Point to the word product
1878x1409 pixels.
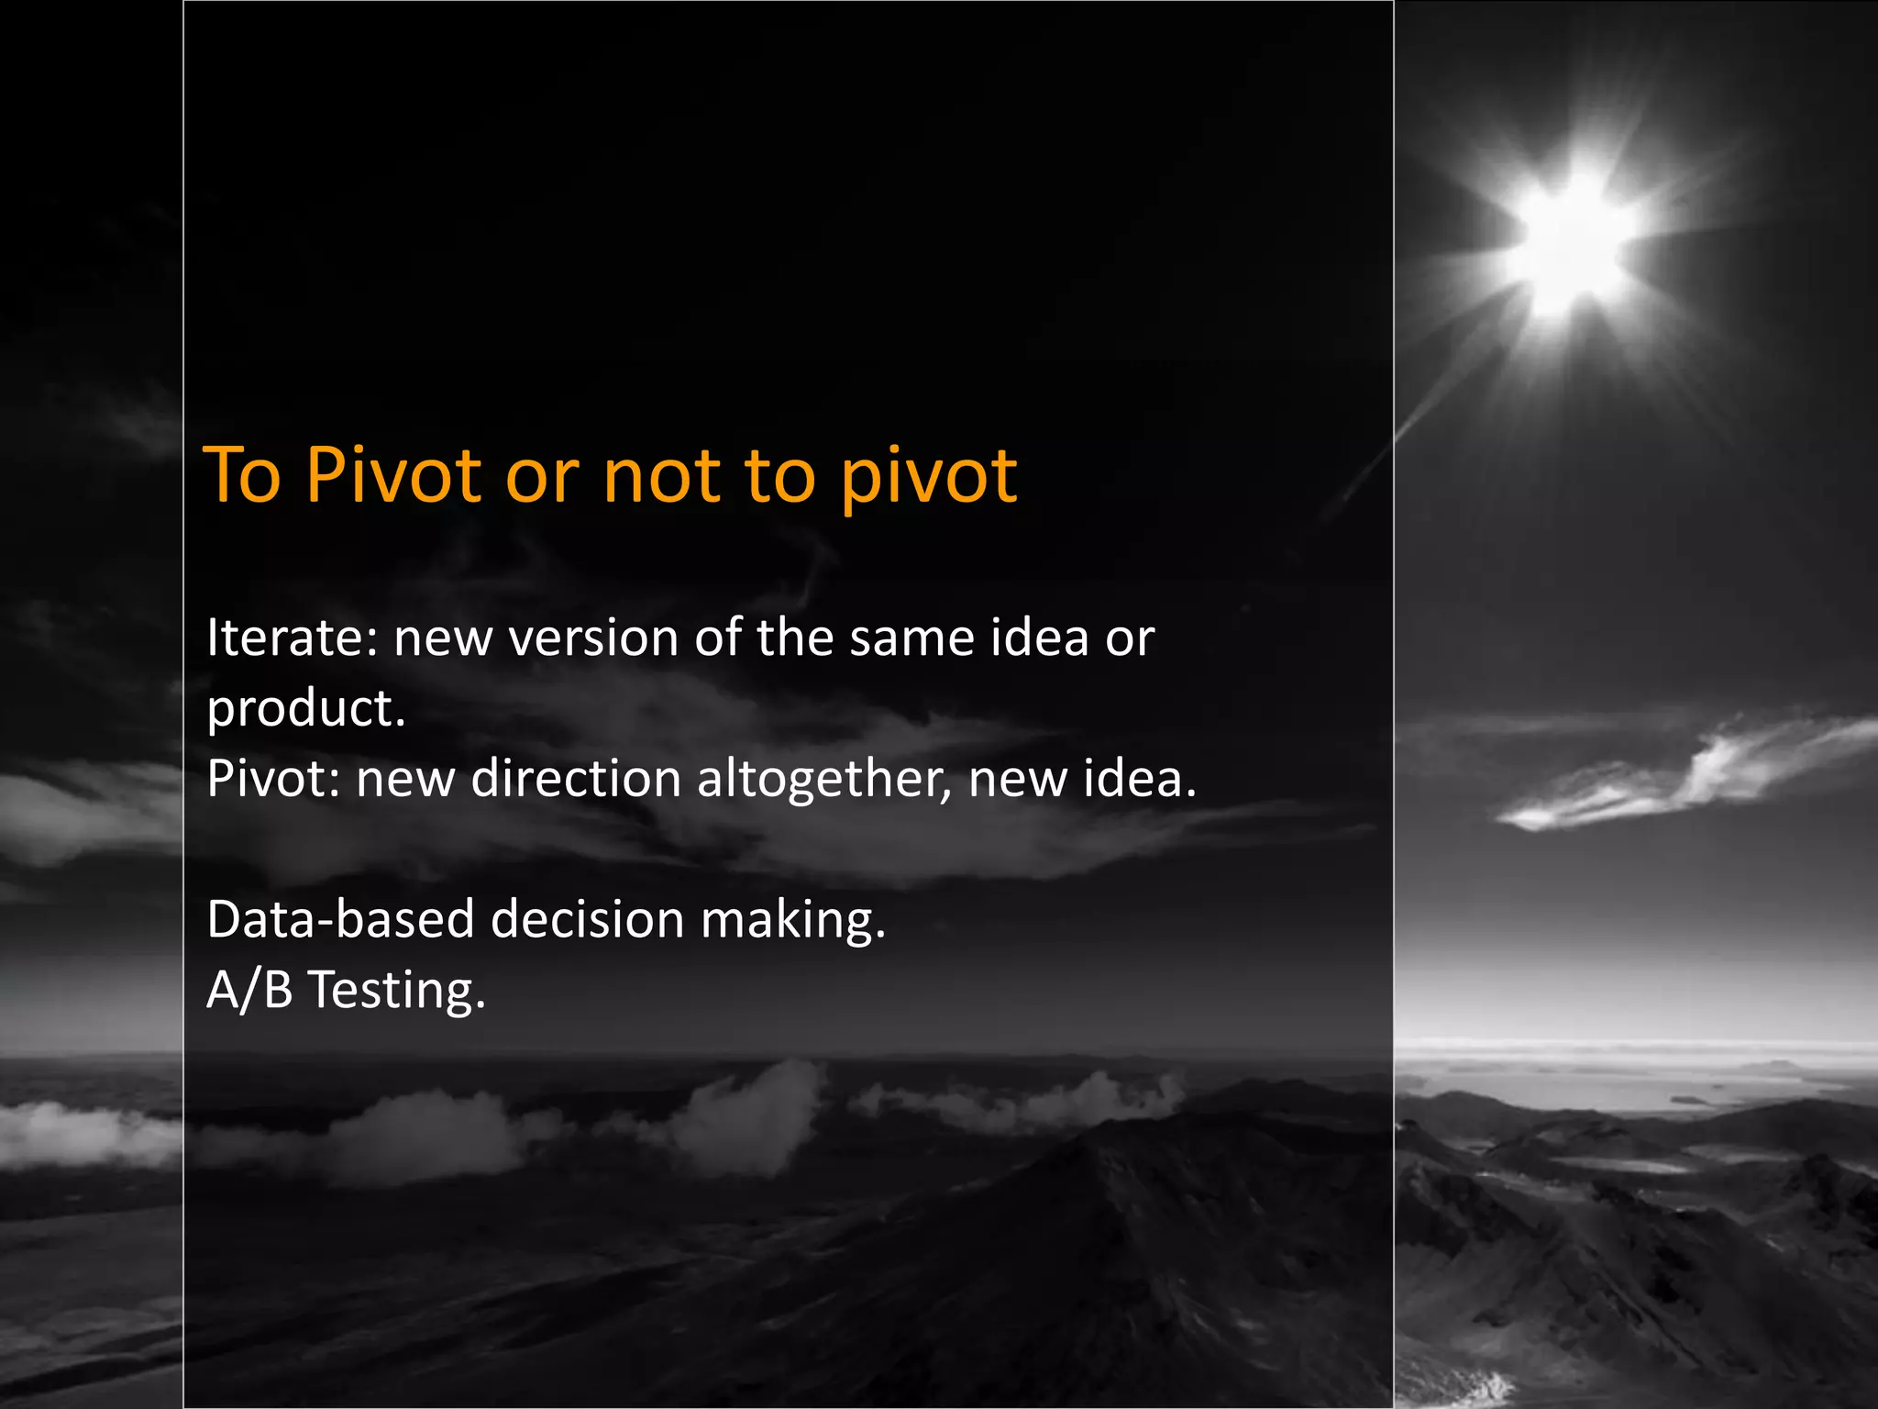tap(305, 709)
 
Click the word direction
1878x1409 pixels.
tap(575, 779)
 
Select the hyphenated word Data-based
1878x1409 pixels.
tap(340, 919)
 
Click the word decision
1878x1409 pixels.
tap(587, 919)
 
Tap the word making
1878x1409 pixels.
tap(792, 921)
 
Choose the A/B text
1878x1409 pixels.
tap(249, 991)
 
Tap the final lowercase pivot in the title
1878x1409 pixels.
tap(928, 477)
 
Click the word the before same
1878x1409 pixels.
tap(794, 638)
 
